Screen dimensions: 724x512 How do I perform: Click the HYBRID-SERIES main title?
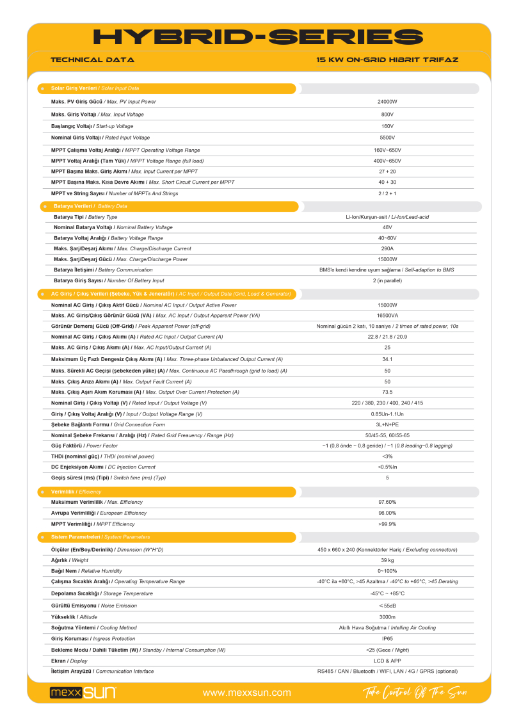click(258, 36)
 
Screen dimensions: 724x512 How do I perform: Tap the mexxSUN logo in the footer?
click(83, 693)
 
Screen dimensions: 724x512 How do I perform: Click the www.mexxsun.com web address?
click(246, 693)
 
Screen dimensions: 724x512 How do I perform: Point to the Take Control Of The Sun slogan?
click(415, 693)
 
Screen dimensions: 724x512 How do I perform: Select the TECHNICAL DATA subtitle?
click(92, 60)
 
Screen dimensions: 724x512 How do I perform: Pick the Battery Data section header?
click(90, 206)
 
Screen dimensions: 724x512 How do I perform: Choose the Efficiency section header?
click(76, 492)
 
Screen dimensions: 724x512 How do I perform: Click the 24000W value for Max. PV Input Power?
click(387, 102)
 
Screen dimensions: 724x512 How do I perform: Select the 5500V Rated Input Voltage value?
click(387, 138)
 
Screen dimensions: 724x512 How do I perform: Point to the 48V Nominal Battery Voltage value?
click(387, 227)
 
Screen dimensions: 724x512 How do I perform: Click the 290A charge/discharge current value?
click(387, 248)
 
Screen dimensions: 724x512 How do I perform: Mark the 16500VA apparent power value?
click(387, 316)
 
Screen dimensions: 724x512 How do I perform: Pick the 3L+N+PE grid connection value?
click(387, 424)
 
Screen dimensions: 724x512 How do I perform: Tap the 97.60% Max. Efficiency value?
click(387, 502)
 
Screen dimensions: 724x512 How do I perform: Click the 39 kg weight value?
click(387, 560)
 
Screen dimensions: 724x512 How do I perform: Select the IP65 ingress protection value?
click(387, 639)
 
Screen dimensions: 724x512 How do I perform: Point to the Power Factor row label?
click(84, 446)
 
